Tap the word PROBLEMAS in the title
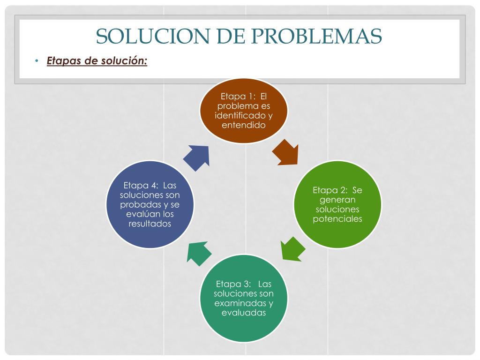coord(317,36)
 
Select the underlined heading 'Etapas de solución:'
coord(97,61)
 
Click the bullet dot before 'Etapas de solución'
coord(37,60)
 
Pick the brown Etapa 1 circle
coord(244,111)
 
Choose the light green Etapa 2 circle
coord(337,204)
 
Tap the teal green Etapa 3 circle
coord(244,298)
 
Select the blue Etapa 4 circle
coord(150,204)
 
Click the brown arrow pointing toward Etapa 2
coord(285,153)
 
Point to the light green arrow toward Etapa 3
coord(292,249)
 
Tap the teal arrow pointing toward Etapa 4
coord(199,254)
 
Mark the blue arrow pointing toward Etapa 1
coord(196,158)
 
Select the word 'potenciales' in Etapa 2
coord(337,219)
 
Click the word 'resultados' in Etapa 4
coord(150,224)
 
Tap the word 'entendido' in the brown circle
coord(244,125)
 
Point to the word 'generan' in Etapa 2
coord(337,200)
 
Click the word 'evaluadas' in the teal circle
coord(244,313)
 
